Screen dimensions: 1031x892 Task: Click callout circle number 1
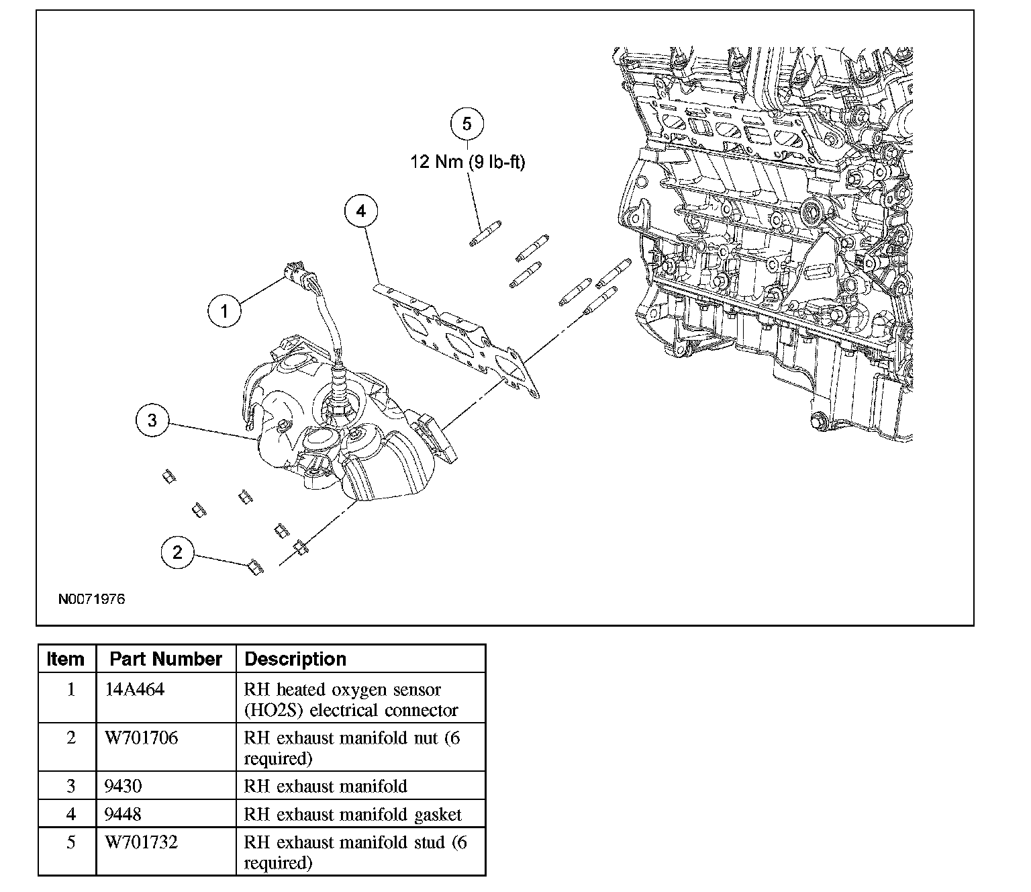coord(224,310)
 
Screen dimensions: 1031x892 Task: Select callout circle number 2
coord(178,552)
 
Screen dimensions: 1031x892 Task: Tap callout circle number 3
coord(152,420)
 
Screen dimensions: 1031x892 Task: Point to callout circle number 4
coord(361,211)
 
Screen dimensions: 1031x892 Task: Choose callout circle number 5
coord(467,124)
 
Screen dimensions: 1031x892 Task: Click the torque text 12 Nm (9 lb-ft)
coord(467,162)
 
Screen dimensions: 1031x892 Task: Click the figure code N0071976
coord(92,598)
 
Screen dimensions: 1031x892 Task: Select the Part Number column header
coord(166,659)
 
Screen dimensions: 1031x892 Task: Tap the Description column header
coord(295,659)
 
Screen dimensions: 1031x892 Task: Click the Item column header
coord(65,659)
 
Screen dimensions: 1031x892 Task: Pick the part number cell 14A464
coord(134,689)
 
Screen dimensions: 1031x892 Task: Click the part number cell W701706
coord(141,738)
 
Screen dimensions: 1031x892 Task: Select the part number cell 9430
coord(124,786)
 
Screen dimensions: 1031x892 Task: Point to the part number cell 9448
coord(124,814)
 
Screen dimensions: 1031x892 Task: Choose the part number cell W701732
coord(141,842)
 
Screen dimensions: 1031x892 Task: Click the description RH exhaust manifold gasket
coord(352,815)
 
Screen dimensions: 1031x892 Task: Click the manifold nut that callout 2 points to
coord(255,567)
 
